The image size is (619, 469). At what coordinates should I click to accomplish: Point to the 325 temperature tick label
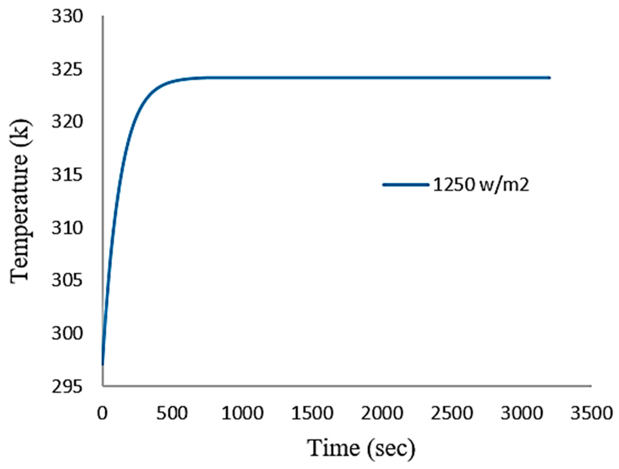coord(67,69)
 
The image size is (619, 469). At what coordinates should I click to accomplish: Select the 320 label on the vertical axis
coord(67,122)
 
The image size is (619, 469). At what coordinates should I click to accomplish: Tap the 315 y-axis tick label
coord(67,175)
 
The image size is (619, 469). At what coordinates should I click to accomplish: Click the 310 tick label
coord(67,228)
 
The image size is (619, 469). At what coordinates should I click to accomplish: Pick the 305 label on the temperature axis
coord(67,281)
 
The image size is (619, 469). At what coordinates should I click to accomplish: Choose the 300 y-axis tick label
coord(67,334)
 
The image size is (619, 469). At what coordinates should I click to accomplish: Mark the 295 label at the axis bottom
coord(67,387)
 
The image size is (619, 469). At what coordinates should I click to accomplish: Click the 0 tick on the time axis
coord(103,413)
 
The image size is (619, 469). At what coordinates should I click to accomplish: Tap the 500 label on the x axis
coord(172,413)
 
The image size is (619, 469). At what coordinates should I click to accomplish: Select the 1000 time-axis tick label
coord(242,413)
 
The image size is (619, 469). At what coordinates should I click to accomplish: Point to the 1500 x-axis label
coord(312,413)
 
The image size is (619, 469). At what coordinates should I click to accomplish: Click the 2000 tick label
coord(382,413)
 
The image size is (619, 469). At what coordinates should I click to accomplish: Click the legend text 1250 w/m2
coord(481,185)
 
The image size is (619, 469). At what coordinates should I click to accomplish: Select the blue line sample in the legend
coord(406,184)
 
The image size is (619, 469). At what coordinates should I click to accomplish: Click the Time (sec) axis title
coord(361,448)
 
